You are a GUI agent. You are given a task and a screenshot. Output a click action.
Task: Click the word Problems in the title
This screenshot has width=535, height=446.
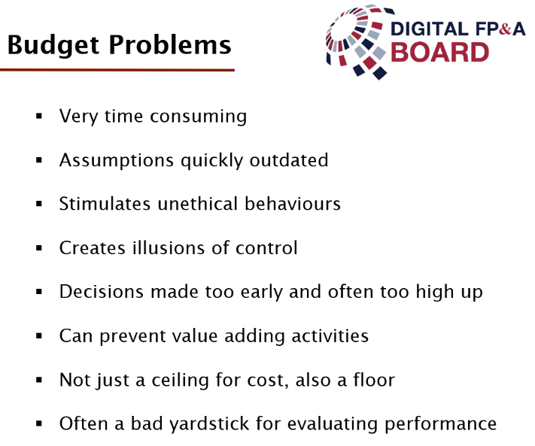[x=170, y=44]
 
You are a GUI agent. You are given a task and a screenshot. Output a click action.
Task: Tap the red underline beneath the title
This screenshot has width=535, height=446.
[x=117, y=70]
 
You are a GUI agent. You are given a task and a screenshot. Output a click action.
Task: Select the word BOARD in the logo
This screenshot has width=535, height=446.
[x=439, y=53]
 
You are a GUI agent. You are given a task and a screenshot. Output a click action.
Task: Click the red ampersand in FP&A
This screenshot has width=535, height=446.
[x=505, y=29]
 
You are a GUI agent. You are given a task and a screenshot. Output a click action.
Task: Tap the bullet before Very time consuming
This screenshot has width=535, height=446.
[x=39, y=117]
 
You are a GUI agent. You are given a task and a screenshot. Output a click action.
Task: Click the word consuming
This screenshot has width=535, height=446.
[x=198, y=117]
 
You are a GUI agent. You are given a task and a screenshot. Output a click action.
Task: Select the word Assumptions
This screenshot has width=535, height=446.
[x=117, y=161]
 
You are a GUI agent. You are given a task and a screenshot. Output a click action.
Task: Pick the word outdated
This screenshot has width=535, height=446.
[x=289, y=160]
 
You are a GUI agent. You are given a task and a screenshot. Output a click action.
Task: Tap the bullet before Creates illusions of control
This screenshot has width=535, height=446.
[x=39, y=248]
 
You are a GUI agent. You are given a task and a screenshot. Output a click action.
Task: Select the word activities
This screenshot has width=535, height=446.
[x=330, y=335]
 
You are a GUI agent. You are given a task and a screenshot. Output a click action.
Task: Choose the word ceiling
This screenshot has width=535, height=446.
[x=180, y=381]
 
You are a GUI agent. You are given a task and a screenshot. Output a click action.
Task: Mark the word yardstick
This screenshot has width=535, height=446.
[x=209, y=424]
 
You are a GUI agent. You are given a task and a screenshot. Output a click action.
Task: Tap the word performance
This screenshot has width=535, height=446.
[x=440, y=425]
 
